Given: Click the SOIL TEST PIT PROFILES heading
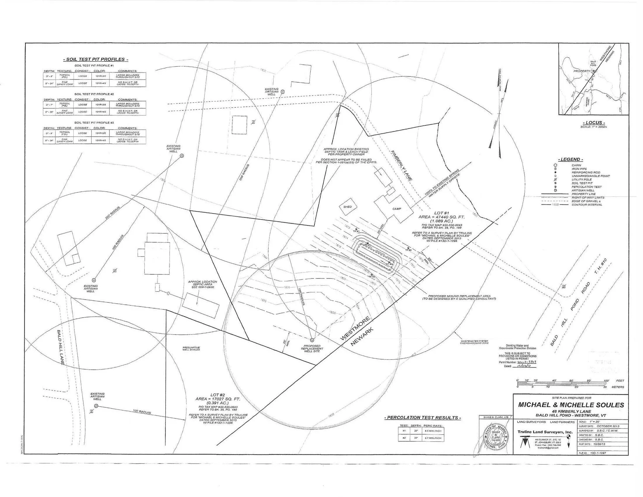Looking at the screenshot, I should click(95, 59).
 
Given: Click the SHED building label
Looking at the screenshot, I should click(347, 207).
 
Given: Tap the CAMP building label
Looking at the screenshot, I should click(397, 209).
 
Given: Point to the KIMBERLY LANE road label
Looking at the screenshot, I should click(401, 166).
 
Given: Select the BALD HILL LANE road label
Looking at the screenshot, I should click(61, 347).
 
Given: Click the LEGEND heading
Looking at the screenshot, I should click(570, 159).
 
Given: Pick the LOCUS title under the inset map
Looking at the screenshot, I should click(594, 123).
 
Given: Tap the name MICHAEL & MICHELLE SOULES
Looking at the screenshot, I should click(571, 405).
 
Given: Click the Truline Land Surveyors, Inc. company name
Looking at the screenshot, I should click(545, 432).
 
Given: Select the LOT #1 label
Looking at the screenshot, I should click(441, 213).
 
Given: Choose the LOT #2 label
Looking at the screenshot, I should click(218, 395).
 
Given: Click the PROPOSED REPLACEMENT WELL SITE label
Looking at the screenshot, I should click(312, 349).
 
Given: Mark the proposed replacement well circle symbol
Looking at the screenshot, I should click(312, 340).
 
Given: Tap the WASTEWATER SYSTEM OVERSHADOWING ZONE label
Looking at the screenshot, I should click(474, 342).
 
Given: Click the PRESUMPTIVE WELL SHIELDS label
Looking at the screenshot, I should click(191, 349).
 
